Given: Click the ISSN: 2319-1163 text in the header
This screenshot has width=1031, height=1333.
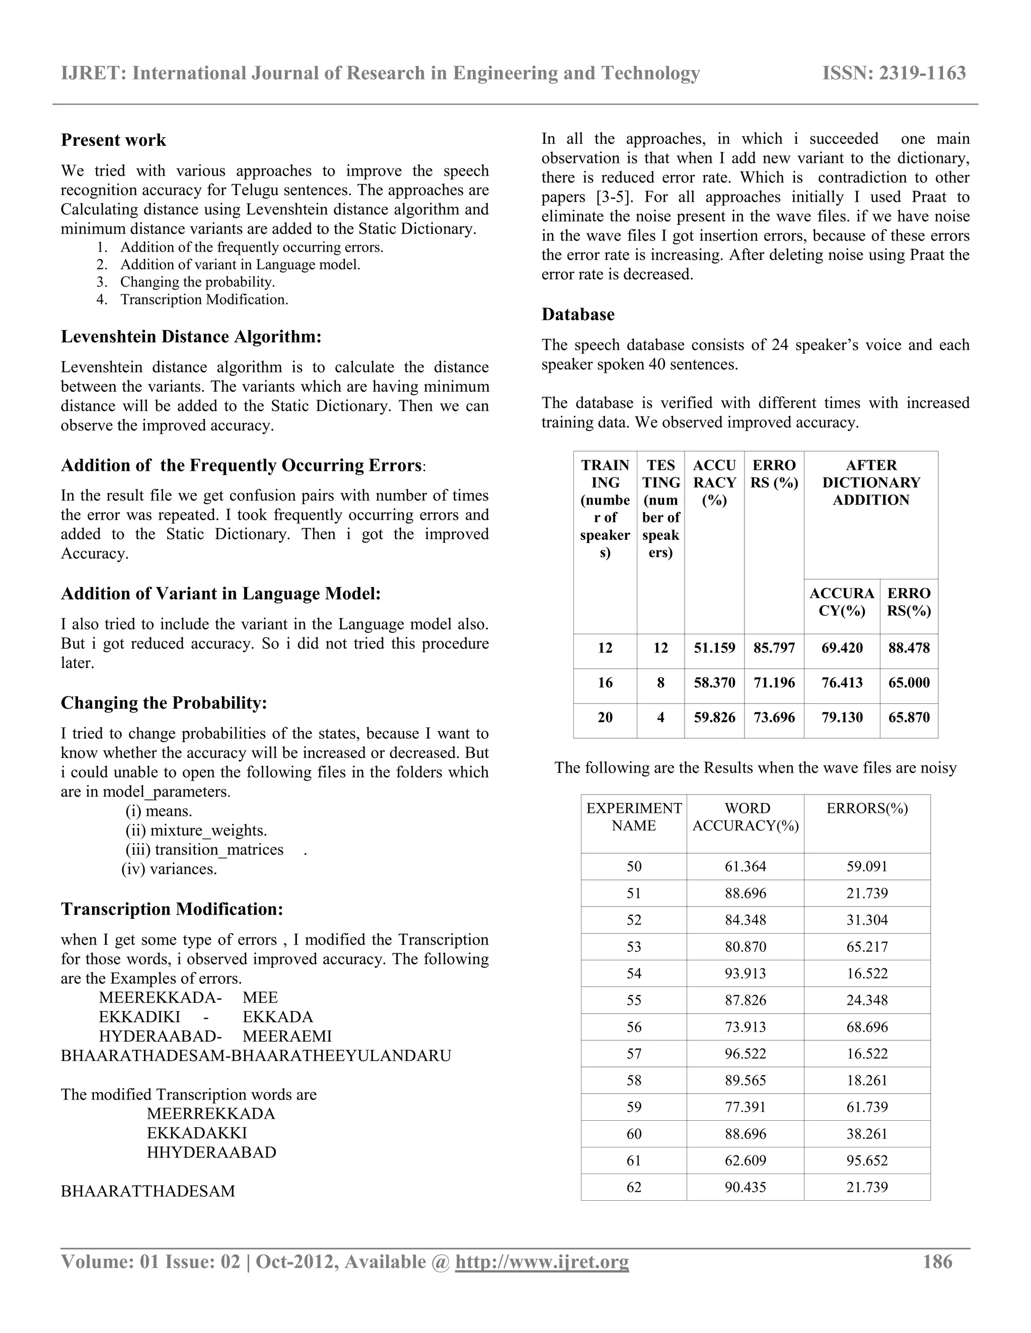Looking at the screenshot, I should pos(894,73).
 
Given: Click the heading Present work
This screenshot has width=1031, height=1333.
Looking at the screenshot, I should pos(114,140).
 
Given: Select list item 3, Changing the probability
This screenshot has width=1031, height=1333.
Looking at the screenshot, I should pos(197,282).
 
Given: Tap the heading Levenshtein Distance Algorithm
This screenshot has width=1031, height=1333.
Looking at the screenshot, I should pos(191,337).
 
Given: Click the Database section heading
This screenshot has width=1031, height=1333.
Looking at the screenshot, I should pos(578,314).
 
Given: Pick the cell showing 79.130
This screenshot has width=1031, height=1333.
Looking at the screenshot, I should pos(842,717).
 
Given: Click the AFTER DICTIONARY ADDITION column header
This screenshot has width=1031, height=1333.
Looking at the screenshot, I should pos(871,482).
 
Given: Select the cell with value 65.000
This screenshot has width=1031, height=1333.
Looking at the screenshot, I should pos(909,683).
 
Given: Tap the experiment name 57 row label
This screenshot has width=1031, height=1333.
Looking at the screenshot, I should pos(634,1053).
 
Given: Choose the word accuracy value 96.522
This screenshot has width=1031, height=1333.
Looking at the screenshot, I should pos(746,1053).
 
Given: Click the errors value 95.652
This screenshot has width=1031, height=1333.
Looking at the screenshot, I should pos(867,1160).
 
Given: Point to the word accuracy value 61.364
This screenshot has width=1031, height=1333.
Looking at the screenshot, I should pos(746,866).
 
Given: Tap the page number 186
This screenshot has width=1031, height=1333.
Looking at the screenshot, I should pos(937,1262).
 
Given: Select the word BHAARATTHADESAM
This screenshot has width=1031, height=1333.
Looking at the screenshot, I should pos(148,1191).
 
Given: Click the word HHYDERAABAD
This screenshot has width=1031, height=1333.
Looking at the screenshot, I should pos(211,1152).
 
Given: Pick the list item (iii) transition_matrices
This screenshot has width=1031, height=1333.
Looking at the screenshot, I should pos(204,850).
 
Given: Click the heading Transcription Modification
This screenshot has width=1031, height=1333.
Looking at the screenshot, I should pos(172,909).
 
